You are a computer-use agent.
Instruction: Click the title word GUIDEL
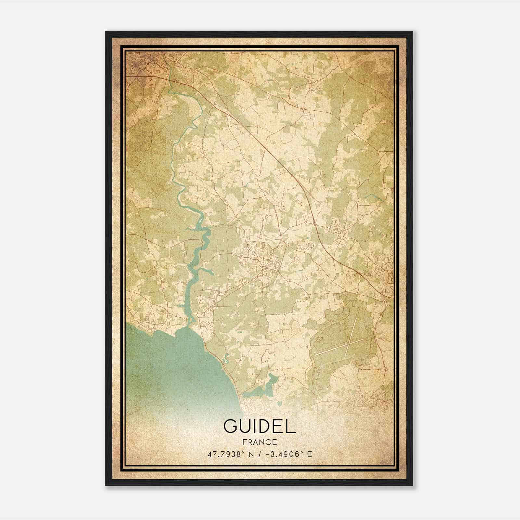click(x=260, y=426)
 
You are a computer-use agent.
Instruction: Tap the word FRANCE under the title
click(x=260, y=442)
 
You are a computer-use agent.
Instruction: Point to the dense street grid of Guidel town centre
click(x=262, y=260)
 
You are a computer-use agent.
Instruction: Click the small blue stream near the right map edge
click(x=373, y=197)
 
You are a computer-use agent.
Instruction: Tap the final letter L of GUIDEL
click(x=291, y=426)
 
